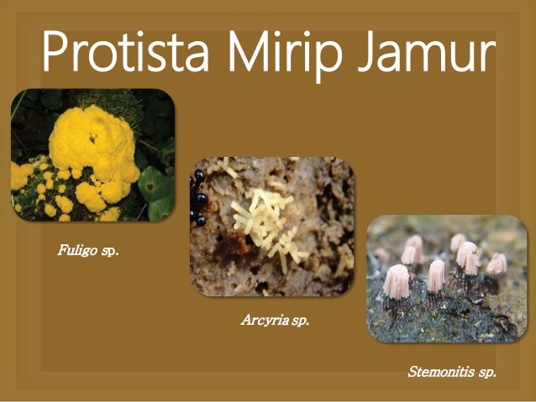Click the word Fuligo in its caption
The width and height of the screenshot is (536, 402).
[76, 249]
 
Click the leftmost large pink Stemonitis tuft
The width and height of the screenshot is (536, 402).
[396, 282]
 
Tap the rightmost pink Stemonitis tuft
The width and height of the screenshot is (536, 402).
[497, 264]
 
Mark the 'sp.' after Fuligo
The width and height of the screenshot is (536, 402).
[109, 249]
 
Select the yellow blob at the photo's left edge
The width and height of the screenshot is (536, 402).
[18, 175]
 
